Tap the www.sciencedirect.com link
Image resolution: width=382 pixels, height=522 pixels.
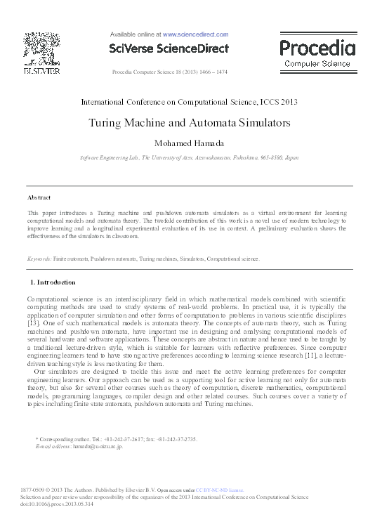pos(195,34)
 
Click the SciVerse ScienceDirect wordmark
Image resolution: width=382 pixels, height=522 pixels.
pos(169,48)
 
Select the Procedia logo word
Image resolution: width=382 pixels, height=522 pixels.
pos(317,48)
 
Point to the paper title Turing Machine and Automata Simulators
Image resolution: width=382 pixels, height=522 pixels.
pos(190,122)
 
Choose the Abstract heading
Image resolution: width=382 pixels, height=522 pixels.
pos(39,197)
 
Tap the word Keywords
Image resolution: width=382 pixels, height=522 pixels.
pos(39,259)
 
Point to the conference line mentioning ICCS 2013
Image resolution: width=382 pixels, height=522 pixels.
pos(190,101)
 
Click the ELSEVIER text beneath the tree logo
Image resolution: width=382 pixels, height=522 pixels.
pos(41,71)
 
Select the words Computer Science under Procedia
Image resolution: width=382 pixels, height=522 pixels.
pos(317,64)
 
